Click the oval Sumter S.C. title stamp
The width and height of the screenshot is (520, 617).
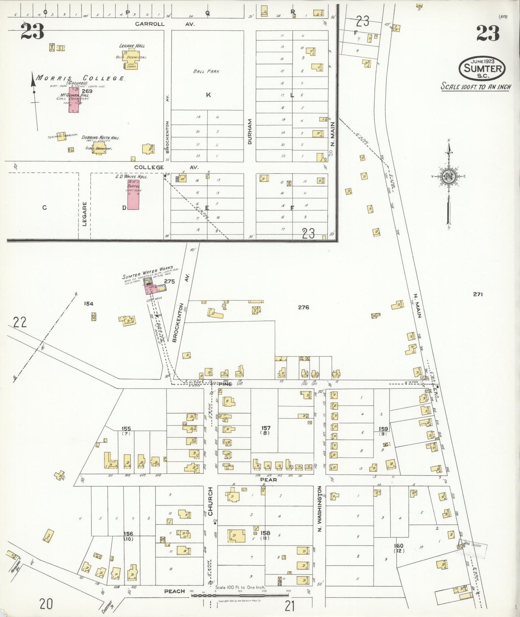click(482, 68)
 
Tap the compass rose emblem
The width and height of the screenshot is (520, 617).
click(449, 177)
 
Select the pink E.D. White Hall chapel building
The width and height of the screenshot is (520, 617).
click(133, 195)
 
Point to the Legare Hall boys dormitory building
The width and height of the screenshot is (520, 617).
click(130, 59)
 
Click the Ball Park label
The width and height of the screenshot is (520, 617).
click(206, 71)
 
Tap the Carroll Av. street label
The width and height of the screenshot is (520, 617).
click(164, 24)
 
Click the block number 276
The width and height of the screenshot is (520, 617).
click(303, 307)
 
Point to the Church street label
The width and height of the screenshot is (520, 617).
click(210, 501)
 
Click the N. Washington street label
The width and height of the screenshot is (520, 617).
click(319, 509)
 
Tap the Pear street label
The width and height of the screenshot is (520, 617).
click(268, 479)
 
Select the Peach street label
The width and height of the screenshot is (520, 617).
click(175, 591)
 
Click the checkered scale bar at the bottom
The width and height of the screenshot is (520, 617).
click(239, 595)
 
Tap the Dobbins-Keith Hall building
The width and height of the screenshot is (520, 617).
click(99, 148)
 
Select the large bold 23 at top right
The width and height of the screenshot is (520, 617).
click(488, 33)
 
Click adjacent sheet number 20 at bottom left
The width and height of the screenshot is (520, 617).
click(46, 604)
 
